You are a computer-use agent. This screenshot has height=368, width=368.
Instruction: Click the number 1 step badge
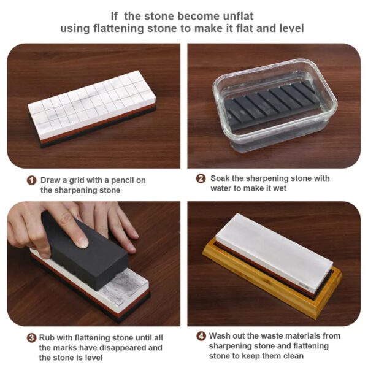coord(31,180)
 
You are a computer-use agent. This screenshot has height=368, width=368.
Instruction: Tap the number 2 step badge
coord(201,178)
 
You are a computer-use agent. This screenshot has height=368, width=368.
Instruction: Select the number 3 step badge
coord(31,338)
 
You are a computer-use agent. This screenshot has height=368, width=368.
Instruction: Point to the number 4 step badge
coord(201,336)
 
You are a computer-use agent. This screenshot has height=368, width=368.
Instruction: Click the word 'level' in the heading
coord(292,28)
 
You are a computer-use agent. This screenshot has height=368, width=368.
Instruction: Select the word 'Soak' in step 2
coord(220,178)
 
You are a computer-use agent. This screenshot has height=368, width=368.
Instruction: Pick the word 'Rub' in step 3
coord(47,338)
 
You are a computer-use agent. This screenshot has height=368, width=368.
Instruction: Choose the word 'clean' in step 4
coord(293,356)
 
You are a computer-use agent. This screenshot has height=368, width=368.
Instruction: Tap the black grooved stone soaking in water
coord(272,105)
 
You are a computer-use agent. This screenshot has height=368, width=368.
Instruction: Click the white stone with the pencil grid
coord(92,103)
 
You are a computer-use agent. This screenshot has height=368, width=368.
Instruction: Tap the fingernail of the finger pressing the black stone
coord(82,242)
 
